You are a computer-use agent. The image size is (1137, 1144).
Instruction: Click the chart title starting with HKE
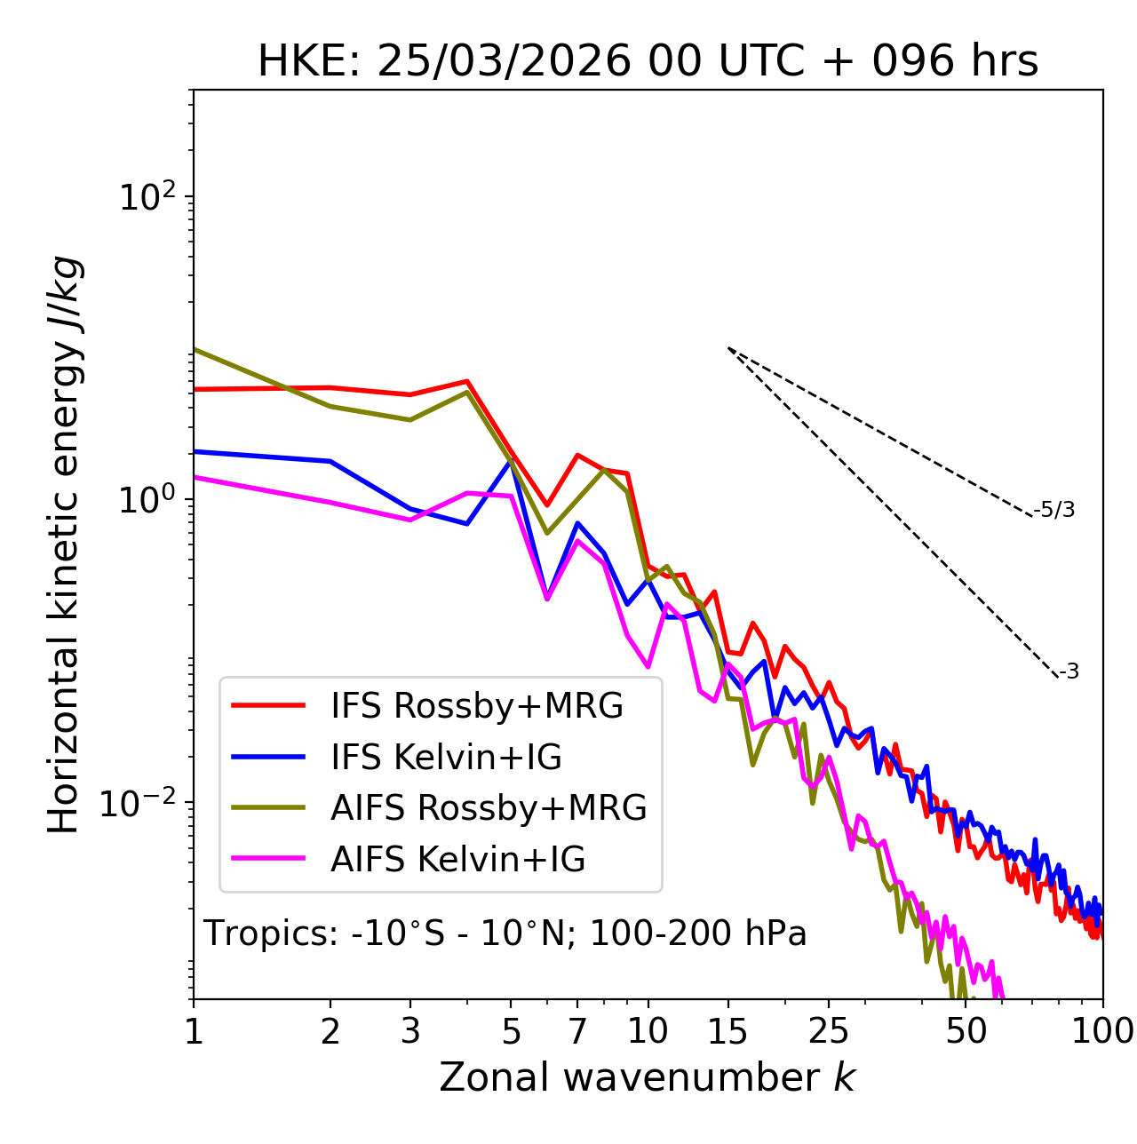pos(648,62)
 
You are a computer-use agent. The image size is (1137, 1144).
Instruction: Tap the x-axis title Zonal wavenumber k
pos(647,1077)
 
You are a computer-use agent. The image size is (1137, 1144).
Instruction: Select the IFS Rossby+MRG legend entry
pos(477,706)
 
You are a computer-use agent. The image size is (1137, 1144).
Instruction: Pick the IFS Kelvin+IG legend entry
pos(446,758)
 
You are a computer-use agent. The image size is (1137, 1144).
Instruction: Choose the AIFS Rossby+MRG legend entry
pos(489,808)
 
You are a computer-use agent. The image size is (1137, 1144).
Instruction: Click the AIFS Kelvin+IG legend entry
pos(457,860)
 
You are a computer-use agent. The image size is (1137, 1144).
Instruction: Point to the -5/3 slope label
pos(1054,510)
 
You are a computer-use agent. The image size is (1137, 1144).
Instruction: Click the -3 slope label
pos(1069,672)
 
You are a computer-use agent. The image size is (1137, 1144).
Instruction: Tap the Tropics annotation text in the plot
pos(505,933)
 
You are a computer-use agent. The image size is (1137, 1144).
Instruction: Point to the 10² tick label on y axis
pos(148,197)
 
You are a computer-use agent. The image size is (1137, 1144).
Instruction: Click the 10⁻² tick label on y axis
pos(142,804)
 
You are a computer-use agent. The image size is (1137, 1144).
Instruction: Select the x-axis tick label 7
pos(577,1031)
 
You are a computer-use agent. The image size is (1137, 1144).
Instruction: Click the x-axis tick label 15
pos(728,1031)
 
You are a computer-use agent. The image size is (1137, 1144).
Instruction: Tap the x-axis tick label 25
pos(829,1031)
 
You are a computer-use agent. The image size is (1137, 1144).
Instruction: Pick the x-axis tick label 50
pos(966,1031)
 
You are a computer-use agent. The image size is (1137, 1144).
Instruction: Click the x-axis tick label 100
pos(1102,1031)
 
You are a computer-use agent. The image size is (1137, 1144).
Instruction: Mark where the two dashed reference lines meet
pos(728,347)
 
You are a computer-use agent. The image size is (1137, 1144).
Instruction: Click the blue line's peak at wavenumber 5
pos(511,459)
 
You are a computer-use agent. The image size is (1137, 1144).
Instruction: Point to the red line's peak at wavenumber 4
pos(467,381)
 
